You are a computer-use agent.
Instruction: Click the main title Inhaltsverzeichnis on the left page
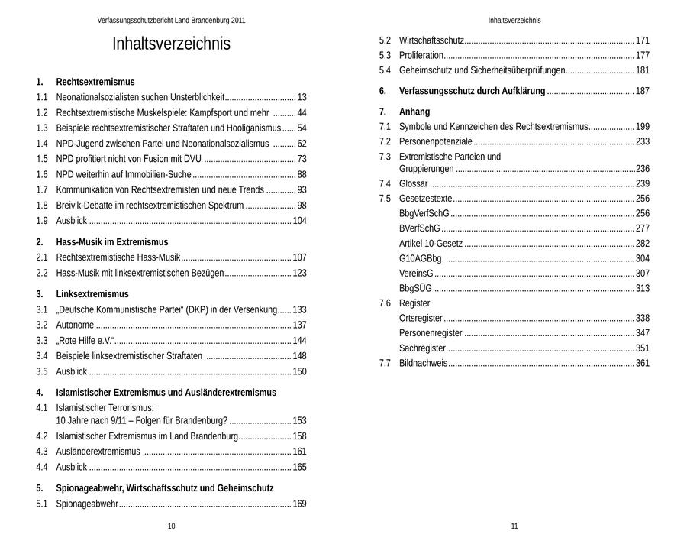171,44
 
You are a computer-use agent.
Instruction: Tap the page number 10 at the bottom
171,526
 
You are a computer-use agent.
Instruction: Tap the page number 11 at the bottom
514,526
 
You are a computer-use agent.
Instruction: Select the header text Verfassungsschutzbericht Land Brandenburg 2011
171,21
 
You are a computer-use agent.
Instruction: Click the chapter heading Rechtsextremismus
95,82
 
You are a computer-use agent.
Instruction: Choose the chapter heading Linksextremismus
92,294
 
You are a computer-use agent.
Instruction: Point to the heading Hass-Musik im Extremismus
112,242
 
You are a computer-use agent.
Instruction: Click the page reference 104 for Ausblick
299,221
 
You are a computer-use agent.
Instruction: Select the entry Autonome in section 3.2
75,325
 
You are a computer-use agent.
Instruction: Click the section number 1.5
42,159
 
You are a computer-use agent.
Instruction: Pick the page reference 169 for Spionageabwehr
299,504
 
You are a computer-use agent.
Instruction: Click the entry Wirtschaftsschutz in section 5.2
431,40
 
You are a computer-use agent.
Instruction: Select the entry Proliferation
421,56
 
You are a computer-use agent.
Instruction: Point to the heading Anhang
414,112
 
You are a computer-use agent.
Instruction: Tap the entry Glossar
413,184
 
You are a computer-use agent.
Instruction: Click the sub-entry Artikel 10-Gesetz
431,244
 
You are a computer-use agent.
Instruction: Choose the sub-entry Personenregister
431,333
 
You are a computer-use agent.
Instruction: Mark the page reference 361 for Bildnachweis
643,363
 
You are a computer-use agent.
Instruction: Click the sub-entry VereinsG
416,274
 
